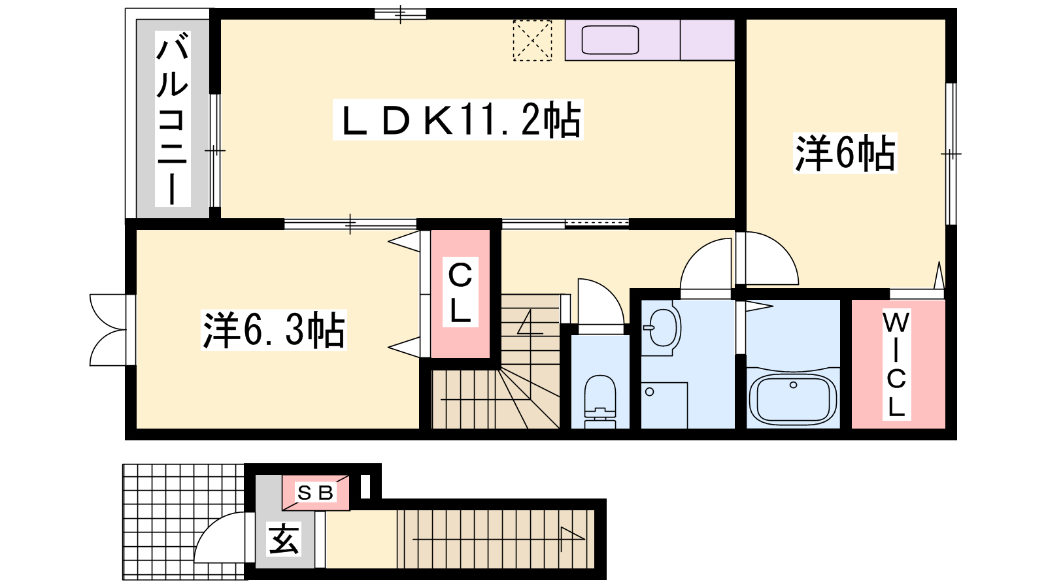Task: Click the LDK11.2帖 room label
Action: coord(458,120)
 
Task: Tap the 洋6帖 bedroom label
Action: coord(845,153)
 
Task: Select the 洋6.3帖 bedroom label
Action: coord(274,330)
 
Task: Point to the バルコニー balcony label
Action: coord(173,118)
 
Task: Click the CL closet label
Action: coord(460,292)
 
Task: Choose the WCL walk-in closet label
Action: coord(896,365)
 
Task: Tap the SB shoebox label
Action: coord(316,493)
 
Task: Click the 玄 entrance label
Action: coord(284,538)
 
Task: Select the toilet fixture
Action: coord(600,401)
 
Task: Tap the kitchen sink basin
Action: coord(611,40)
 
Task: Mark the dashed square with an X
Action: coord(532,41)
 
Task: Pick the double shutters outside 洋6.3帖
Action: coord(109,330)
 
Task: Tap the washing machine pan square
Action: coord(664,405)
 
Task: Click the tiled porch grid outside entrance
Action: coord(183,522)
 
